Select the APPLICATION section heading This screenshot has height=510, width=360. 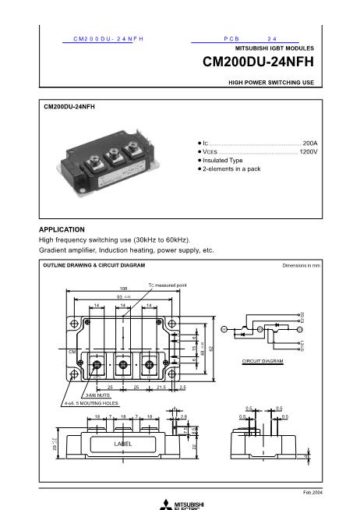[62, 229]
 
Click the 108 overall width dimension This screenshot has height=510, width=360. [123, 289]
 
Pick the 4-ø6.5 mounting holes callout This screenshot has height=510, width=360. [91, 404]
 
